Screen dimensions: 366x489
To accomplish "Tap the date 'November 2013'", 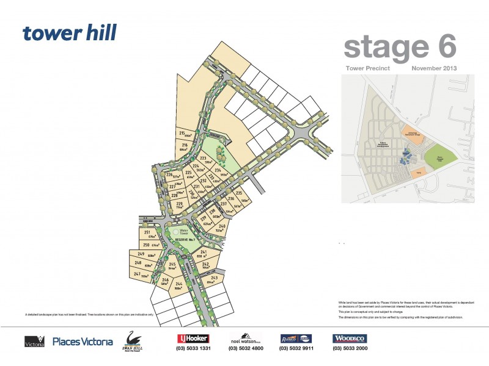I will click(x=434, y=68).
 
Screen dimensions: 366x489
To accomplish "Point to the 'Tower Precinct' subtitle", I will click(x=368, y=68).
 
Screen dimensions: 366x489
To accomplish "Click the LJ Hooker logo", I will click(x=193, y=339).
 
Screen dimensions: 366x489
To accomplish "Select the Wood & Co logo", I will click(x=350, y=339).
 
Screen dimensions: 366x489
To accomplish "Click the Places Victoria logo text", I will click(x=83, y=342).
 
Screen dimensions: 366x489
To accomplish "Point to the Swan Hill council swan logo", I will click(x=134, y=340).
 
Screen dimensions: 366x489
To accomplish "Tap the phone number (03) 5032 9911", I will click(x=296, y=348).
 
